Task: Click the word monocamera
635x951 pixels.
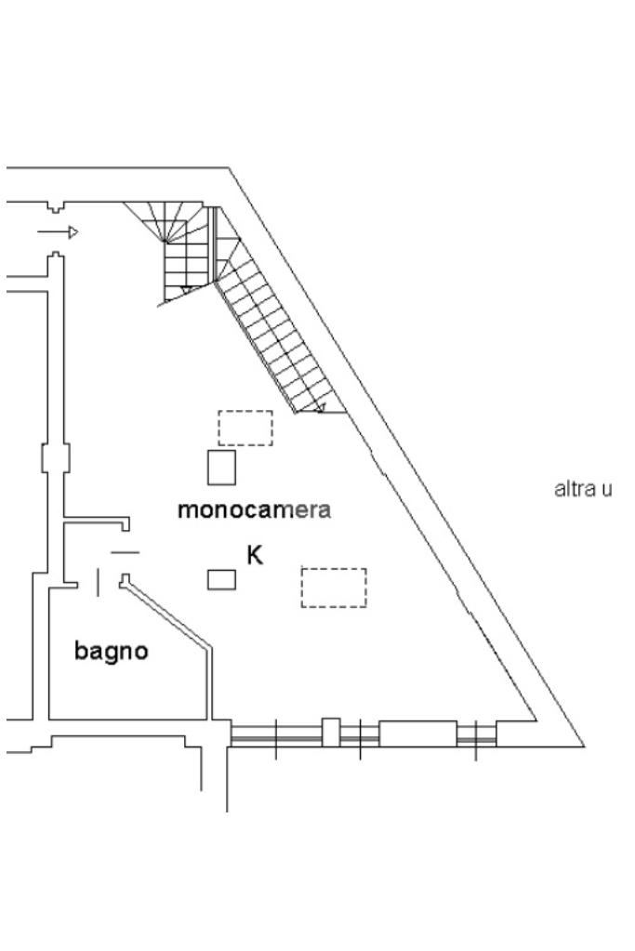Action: [254, 509]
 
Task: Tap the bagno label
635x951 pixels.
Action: [111, 651]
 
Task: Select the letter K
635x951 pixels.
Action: [255, 556]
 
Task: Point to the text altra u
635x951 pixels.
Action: [583, 488]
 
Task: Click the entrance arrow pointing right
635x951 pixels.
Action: [59, 231]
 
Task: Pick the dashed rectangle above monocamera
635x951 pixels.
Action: [245, 428]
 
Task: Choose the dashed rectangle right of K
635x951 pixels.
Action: [333, 588]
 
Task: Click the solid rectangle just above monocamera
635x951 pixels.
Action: [221, 467]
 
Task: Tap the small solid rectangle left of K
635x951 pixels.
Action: [221, 579]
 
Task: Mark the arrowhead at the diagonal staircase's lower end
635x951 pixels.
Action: [320, 407]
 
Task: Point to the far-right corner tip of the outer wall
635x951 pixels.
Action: [583, 746]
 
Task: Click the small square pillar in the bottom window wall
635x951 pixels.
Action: [330, 732]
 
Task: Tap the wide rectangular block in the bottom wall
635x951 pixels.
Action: [417, 733]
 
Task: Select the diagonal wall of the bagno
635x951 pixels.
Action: [167, 614]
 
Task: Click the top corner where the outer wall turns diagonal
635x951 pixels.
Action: [229, 168]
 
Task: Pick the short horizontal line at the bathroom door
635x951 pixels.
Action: [125, 553]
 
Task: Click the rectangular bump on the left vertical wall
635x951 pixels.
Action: [56, 459]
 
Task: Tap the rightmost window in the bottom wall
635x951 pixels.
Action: [476, 734]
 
